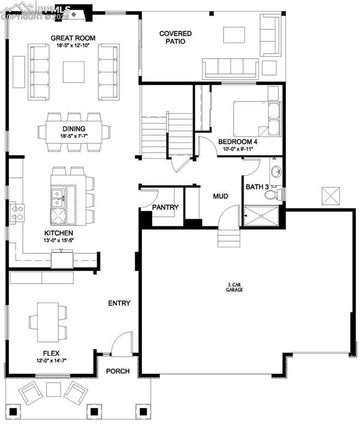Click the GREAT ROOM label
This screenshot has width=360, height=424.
(73, 38)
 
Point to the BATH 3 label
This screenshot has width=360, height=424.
(257, 187)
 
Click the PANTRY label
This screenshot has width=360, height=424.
(166, 208)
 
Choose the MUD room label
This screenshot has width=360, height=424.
(221, 196)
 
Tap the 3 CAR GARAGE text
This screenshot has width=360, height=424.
(235, 287)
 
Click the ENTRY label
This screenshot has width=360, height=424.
(119, 303)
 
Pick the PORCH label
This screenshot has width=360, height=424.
(118, 371)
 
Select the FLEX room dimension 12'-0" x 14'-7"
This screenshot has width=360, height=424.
(51, 361)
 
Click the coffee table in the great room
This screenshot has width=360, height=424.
(73, 72)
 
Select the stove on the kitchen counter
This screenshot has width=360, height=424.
(16, 213)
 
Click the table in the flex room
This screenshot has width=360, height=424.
(47, 320)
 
